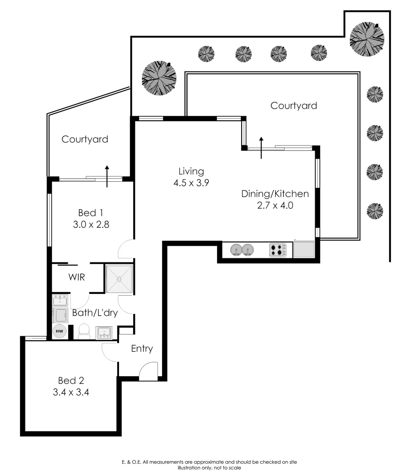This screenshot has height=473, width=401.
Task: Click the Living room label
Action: pyautogui.click(x=191, y=171)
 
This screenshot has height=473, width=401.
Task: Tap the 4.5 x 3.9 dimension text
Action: pyautogui.click(x=191, y=183)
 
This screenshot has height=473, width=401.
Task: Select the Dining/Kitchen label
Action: pyautogui.click(x=275, y=194)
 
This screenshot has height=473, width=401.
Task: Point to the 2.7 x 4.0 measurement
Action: pyautogui.click(x=275, y=205)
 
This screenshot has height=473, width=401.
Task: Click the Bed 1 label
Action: pyautogui.click(x=91, y=213)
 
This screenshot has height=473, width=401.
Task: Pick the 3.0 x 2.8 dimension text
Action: pyautogui.click(x=91, y=225)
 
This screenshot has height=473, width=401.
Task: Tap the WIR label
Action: pyautogui.click(x=76, y=277)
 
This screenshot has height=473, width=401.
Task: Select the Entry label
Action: pyautogui.click(x=142, y=349)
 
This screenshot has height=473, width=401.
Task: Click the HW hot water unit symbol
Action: pyautogui.click(x=60, y=332)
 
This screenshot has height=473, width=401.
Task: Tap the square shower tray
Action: pyautogui.click(x=119, y=278)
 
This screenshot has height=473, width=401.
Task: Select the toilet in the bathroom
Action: pyautogui.click(x=84, y=332)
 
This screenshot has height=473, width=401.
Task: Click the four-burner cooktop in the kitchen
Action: pyautogui.click(x=278, y=250)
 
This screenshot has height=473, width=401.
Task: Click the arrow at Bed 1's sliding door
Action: pyautogui.click(x=107, y=176)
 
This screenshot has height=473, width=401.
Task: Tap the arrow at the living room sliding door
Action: pyautogui.click(x=262, y=148)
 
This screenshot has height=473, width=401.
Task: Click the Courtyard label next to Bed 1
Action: pyautogui.click(x=84, y=139)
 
